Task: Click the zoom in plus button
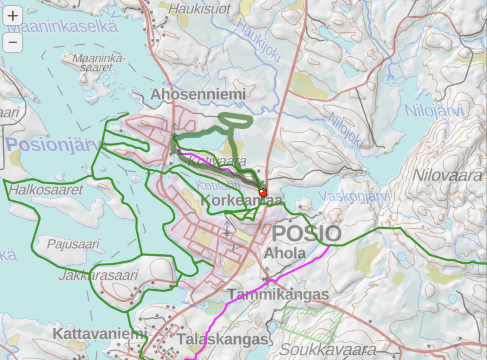pyautogui.click(x=13, y=16)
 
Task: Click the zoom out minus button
pyautogui.click(x=13, y=42)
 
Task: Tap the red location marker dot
pyautogui.click(x=263, y=192)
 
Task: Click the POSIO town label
pyautogui.click(x=306, y=233)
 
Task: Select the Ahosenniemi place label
pyautogui.click(x=198, y=94)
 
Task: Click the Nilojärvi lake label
pyautogui.click(x=434, y=111)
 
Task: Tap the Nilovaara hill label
pyautogui.click(x=447, y=175)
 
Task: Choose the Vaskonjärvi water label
pyautogui.click(x=354, y=197)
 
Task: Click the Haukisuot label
pyautogui.click(x=200, y=9)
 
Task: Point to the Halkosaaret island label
pyautogui.click(x=46, y=190)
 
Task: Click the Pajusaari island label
pyautogui.click(x=73, y=244)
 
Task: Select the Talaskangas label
pyautogui.click(x=223, y=339)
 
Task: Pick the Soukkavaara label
pyautogui.click(x=328, y=350)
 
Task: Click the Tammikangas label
pyautogui.click(x=278, y=294)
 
